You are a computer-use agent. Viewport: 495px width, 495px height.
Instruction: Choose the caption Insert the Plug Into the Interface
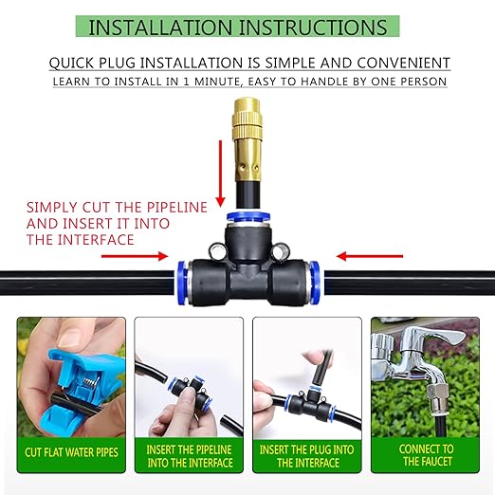306,455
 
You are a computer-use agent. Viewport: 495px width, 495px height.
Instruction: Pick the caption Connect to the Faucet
427,455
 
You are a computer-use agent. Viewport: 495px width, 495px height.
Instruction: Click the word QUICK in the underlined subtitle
75,64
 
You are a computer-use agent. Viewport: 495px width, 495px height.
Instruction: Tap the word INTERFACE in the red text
96,240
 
